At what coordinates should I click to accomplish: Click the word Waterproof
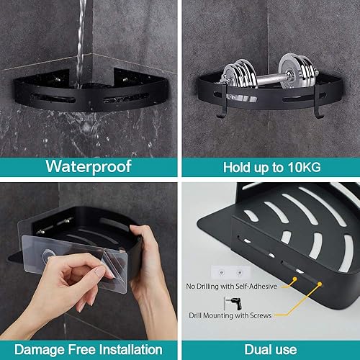tap(89, 166)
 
